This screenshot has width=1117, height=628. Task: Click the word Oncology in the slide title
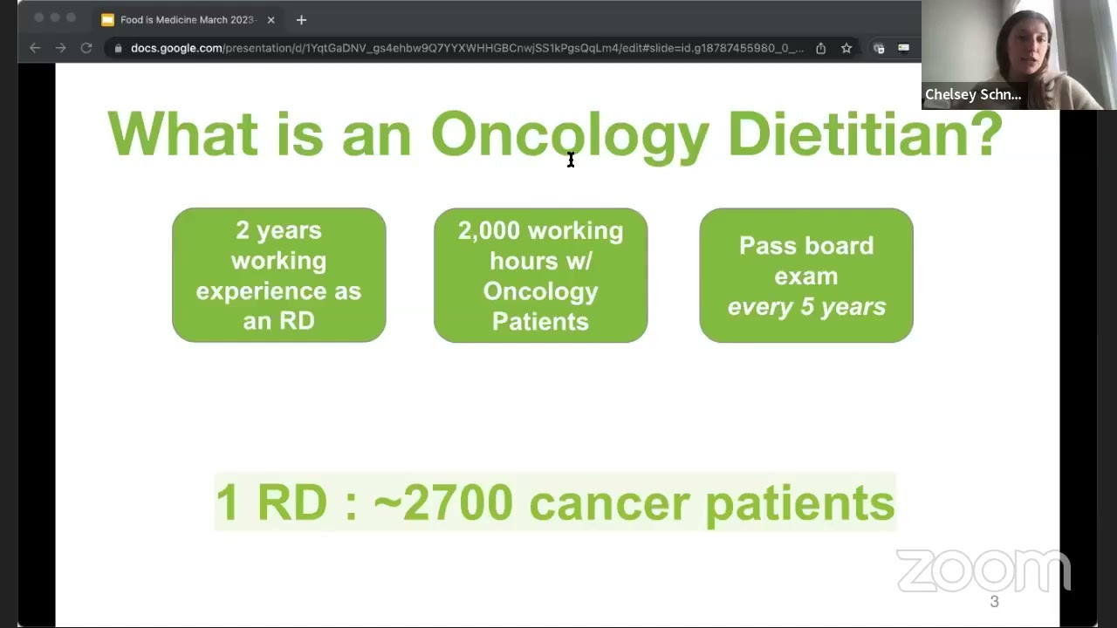(x=570, y=135)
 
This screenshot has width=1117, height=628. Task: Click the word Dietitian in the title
(x=864, y=135)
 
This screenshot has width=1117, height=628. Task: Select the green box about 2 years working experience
(x=279, y=275)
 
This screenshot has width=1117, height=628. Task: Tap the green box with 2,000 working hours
(x=540, y=275)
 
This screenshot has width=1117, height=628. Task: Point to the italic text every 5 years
(x=805, y=307)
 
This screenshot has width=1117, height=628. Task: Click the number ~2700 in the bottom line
(x=442, y=503)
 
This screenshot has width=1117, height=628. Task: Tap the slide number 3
(x=994, y=602)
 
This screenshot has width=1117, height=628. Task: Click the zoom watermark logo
(x=983, y=570)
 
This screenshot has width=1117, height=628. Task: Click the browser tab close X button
(x=271, y=20)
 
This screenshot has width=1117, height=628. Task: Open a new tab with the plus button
(x=301, y=20)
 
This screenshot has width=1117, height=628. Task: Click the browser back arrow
(x=35, y=48)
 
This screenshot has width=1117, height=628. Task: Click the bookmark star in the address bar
(x=846, y=48)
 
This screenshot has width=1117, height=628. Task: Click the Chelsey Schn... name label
(x=972, y=95)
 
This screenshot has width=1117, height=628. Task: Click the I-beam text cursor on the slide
(x=571, y=160)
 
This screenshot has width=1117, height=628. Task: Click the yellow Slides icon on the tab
(x=107, y=20)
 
